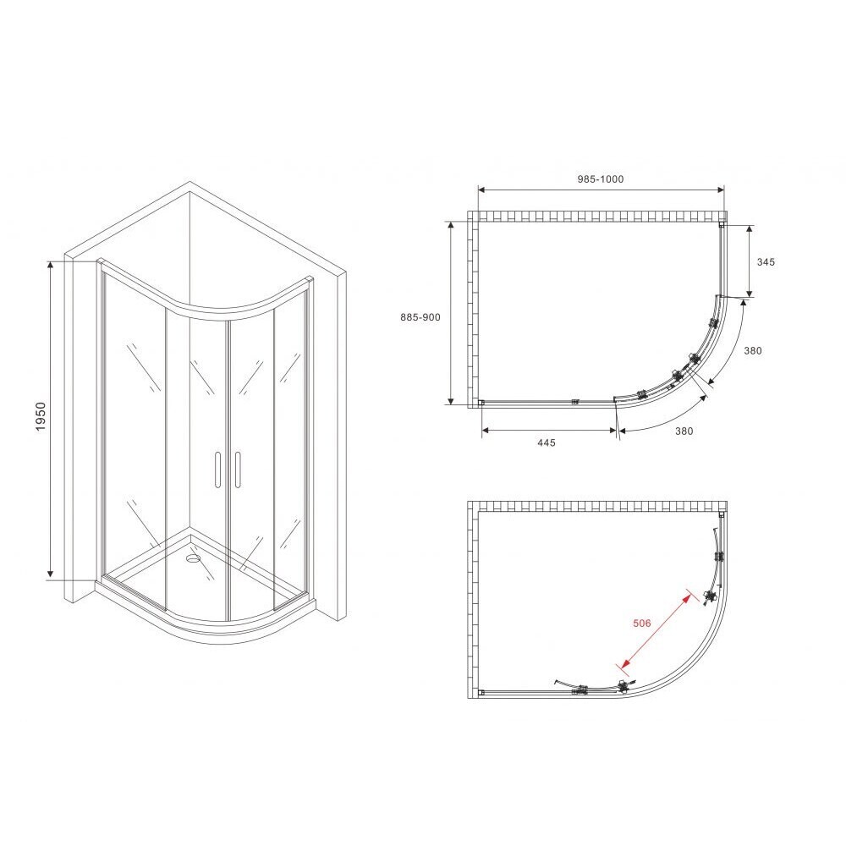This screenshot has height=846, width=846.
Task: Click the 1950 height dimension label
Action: [x=41, y=416]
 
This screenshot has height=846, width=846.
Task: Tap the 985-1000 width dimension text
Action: [x=601, y=179]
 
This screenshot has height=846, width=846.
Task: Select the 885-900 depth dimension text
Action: [x=420, y=317]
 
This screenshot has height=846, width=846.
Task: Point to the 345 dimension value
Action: [x=766, y=261]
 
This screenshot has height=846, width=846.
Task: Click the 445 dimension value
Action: [x=546, y=442]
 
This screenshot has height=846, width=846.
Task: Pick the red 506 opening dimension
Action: [x=641, y=624]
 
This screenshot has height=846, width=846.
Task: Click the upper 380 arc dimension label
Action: [x=753, y=351]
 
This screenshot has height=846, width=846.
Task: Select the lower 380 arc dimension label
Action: [x=684, y=431]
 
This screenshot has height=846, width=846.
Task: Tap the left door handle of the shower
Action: [x=217, y=470]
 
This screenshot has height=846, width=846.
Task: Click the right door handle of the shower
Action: [x=238, y=470]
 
